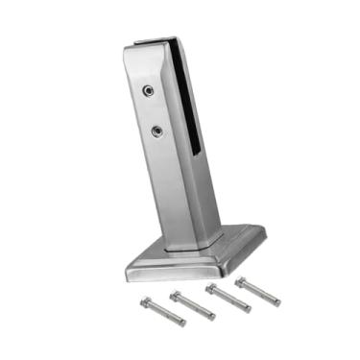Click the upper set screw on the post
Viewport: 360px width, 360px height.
tap(148, 91)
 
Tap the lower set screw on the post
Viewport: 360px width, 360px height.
tap(156, 130)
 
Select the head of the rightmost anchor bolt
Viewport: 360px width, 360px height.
tap(240, 281)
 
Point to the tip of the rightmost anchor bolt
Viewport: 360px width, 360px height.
tap(278, 302)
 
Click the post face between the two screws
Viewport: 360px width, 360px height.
tap(152, 110)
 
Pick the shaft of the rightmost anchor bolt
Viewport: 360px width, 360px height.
tap(259, 292)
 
